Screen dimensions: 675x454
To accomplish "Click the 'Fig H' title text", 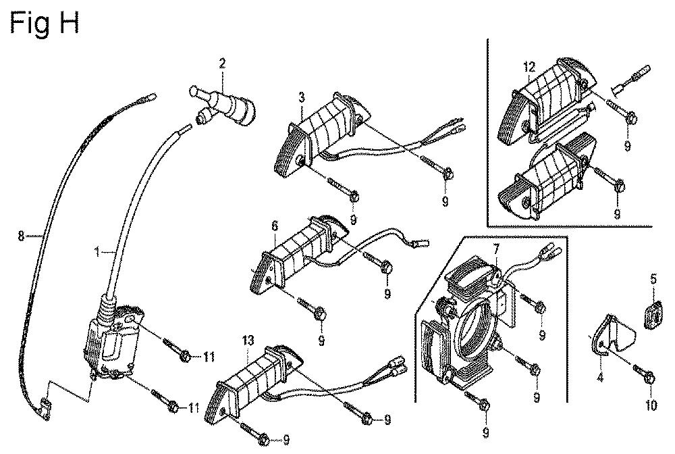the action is click(45, 24).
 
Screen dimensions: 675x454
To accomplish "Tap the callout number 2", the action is click(222, 64).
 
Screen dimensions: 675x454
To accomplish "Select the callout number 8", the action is click(21, 236).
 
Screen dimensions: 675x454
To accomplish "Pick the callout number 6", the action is click(275, 226).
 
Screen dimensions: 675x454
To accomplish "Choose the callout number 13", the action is click(248, 341).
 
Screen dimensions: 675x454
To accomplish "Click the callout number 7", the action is click(496, 249).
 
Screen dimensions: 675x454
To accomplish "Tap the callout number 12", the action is click(529, 67).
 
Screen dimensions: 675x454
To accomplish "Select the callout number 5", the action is click(653, 279).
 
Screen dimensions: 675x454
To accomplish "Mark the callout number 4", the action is click(600, 379).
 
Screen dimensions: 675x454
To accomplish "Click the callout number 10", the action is click(651, 405).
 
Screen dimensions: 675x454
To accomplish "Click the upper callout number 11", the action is click(209, 357).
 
